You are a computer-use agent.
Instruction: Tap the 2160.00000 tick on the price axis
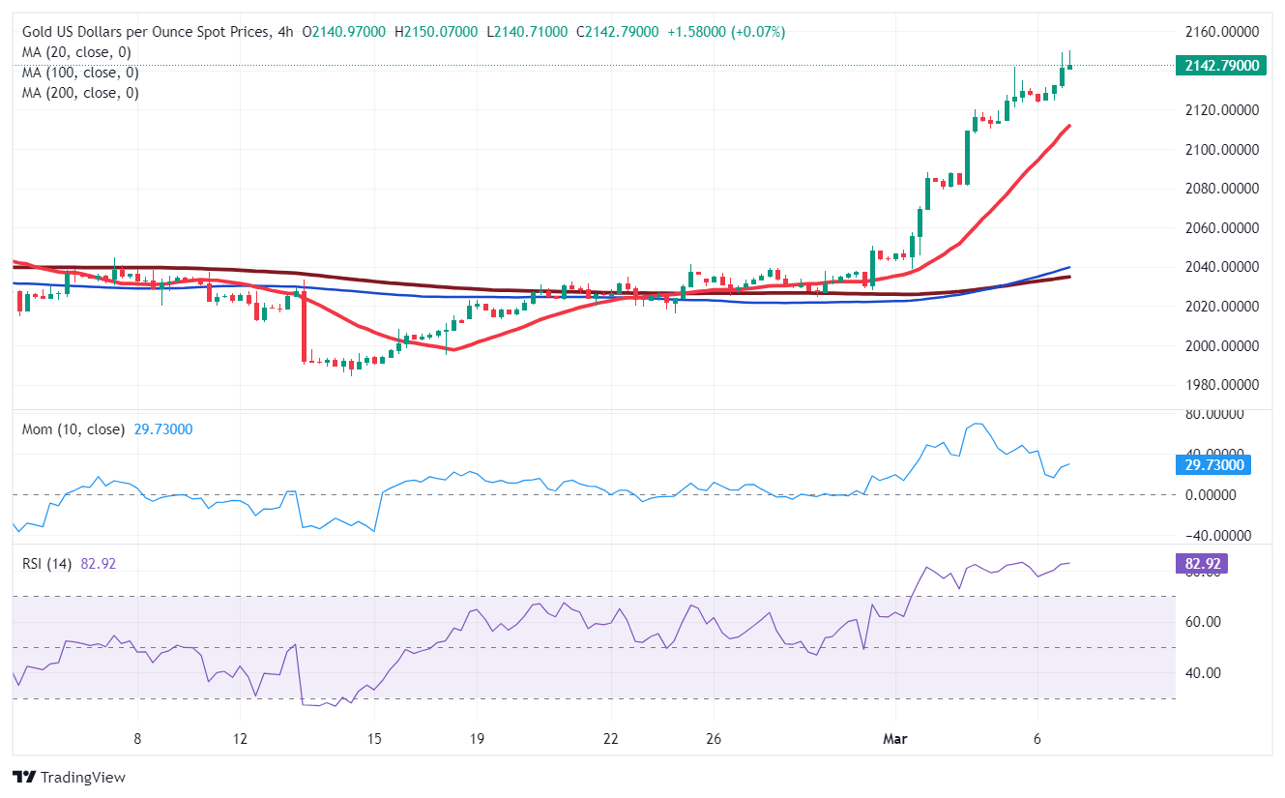1221,32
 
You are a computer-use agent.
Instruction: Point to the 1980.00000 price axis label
1221,385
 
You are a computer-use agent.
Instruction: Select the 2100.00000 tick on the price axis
1221,150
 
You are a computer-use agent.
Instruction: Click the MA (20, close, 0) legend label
76,52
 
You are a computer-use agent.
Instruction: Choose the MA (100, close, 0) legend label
80,73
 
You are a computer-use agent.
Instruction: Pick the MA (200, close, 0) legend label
80,93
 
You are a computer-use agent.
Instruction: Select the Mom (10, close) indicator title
73,429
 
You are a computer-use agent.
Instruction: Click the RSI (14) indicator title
51,564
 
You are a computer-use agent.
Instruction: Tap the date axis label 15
374,739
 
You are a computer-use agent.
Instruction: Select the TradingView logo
70,777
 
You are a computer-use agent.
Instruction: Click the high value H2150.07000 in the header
436,32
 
